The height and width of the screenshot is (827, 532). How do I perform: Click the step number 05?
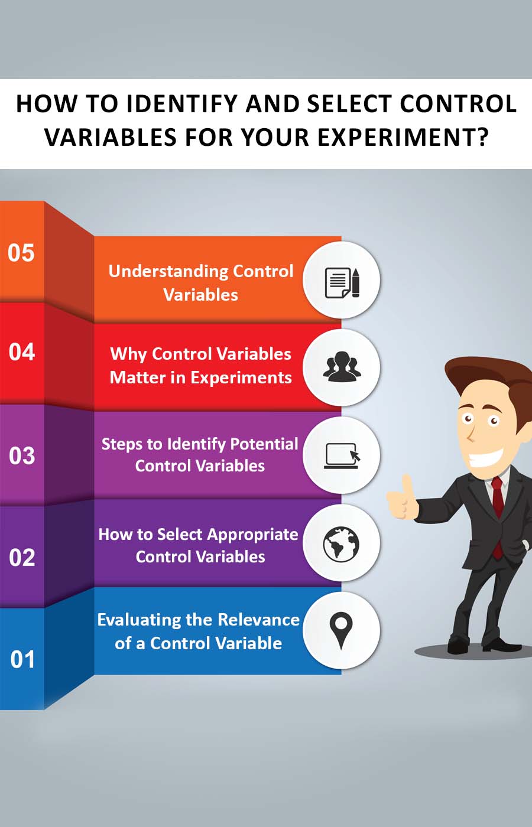point(21,253)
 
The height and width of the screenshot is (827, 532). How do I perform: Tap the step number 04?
point(22,351)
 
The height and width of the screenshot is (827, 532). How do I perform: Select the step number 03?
point(22,455)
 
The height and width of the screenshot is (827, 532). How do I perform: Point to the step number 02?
point(22,558)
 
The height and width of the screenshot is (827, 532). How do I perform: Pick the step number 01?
point(22,659)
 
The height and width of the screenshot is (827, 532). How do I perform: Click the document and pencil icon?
point(342,282)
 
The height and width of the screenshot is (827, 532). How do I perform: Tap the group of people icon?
point(342,366)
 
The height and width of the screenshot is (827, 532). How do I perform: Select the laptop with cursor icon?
point(342,455)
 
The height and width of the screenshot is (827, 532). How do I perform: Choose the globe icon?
point(341,544)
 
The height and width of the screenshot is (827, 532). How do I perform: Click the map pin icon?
point(341,631)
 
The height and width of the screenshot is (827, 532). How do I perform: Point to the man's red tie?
point(497,517)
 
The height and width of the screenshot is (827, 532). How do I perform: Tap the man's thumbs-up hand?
point(402,499)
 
